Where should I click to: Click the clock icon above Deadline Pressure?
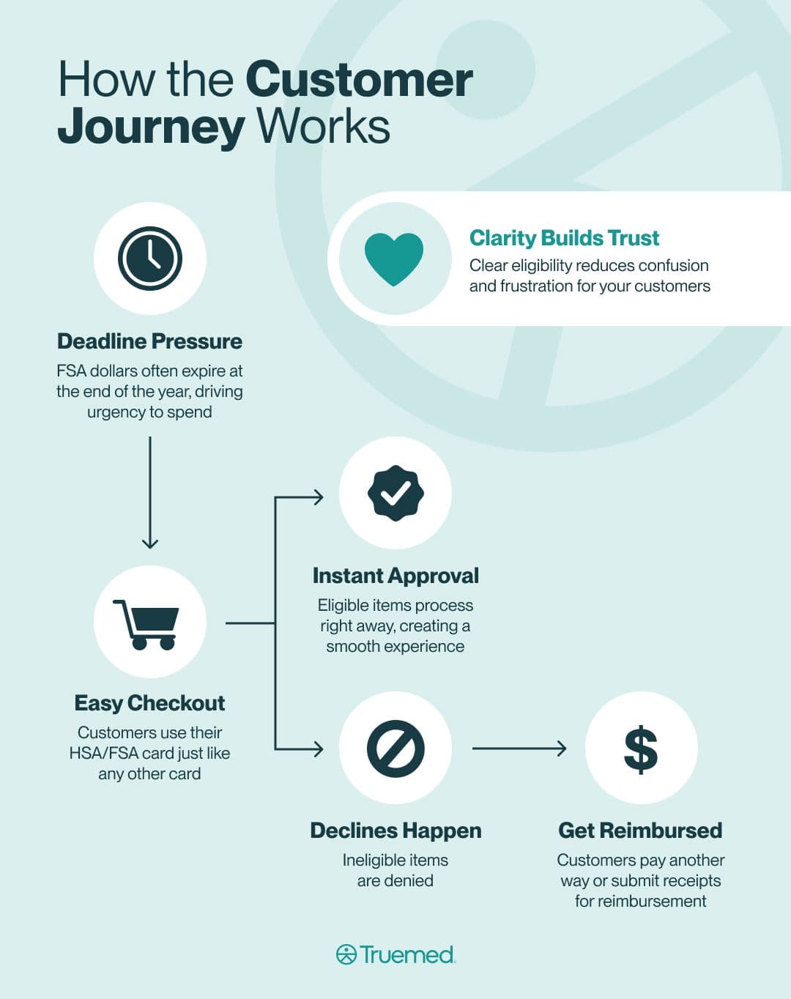[x=150, y=259]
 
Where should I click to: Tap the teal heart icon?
[x=394, y=259]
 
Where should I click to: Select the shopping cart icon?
[x=147, y=624]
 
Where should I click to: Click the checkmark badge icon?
[x=395, y=493]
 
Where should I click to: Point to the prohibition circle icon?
[x=395, y=749]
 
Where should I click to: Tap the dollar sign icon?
[x=641, y=749]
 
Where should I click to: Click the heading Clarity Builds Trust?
[x=564, y=238]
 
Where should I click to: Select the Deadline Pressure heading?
[x=149, y=341]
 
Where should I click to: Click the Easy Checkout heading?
[x=149, y=703]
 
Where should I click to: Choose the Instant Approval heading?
[x=395, y=576]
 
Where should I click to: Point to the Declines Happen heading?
[x=395, y=831]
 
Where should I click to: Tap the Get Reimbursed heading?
[x=640, y=831]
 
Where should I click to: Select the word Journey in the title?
[x=151, y=127]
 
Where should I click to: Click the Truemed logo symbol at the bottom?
[x=346, y=954]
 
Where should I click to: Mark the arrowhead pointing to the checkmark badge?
[x=318, y=497]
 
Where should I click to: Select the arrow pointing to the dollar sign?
[x=519, y=749]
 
